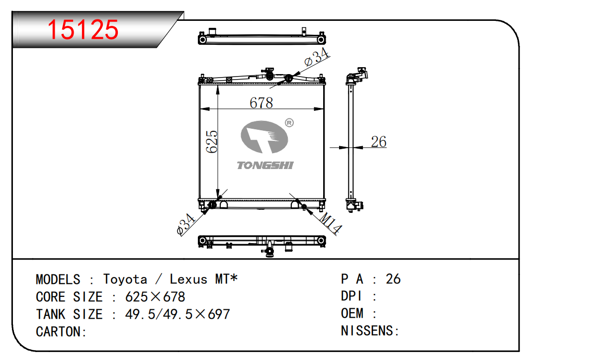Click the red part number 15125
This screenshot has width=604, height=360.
tap(83, 30)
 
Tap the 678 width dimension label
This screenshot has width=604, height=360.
tap(261, 103)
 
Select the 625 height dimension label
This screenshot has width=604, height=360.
tap(212, 142)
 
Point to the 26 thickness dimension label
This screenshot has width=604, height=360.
tap(379, 142)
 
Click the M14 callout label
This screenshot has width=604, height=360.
tap(330, 223)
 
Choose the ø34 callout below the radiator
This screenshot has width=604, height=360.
tap(185, 224)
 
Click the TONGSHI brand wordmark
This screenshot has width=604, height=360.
tap(265, 165)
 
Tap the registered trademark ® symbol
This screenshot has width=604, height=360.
tap(289, 123)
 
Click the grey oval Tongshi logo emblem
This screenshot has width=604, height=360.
tap(264, 137)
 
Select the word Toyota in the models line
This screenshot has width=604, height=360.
tap(125, 279)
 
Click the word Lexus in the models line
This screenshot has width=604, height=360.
tap(188, 279)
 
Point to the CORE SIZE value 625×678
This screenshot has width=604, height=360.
tap(155, 297)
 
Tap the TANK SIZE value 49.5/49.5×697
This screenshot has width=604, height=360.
tap(177, 314)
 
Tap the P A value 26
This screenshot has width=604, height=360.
tap(393, 279)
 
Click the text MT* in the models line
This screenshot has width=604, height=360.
tap(226, 279)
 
